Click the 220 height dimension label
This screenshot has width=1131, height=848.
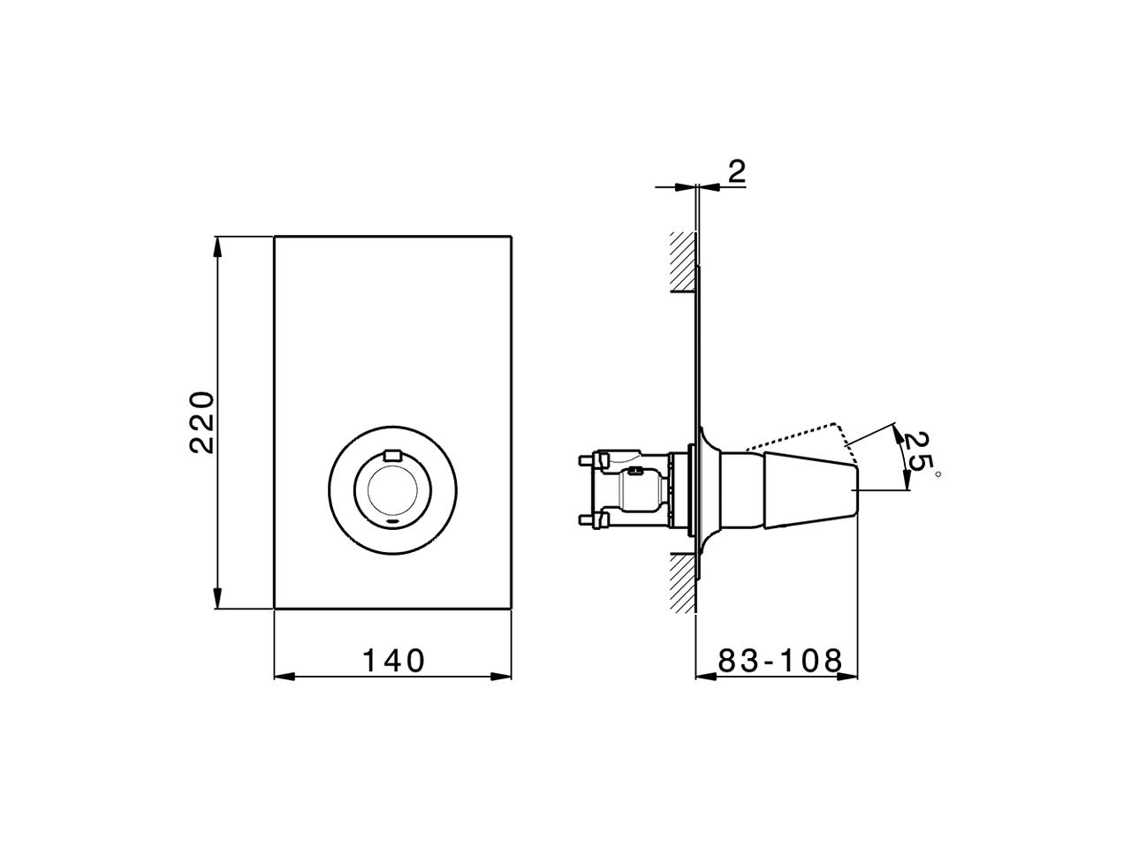(x=202, y=421)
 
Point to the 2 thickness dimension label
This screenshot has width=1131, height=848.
(x=736, y=171)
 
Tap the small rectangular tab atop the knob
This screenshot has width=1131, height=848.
(x=392, y=456)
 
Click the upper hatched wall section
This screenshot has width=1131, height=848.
(x=682, y=261)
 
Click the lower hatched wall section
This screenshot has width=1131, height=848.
(x=682, y=583)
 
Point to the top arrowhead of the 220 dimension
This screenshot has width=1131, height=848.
(x=217, y=245)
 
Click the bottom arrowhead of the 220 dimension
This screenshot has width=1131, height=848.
(x=217, y=601)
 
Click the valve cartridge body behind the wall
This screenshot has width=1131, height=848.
(x=641, y=488)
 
